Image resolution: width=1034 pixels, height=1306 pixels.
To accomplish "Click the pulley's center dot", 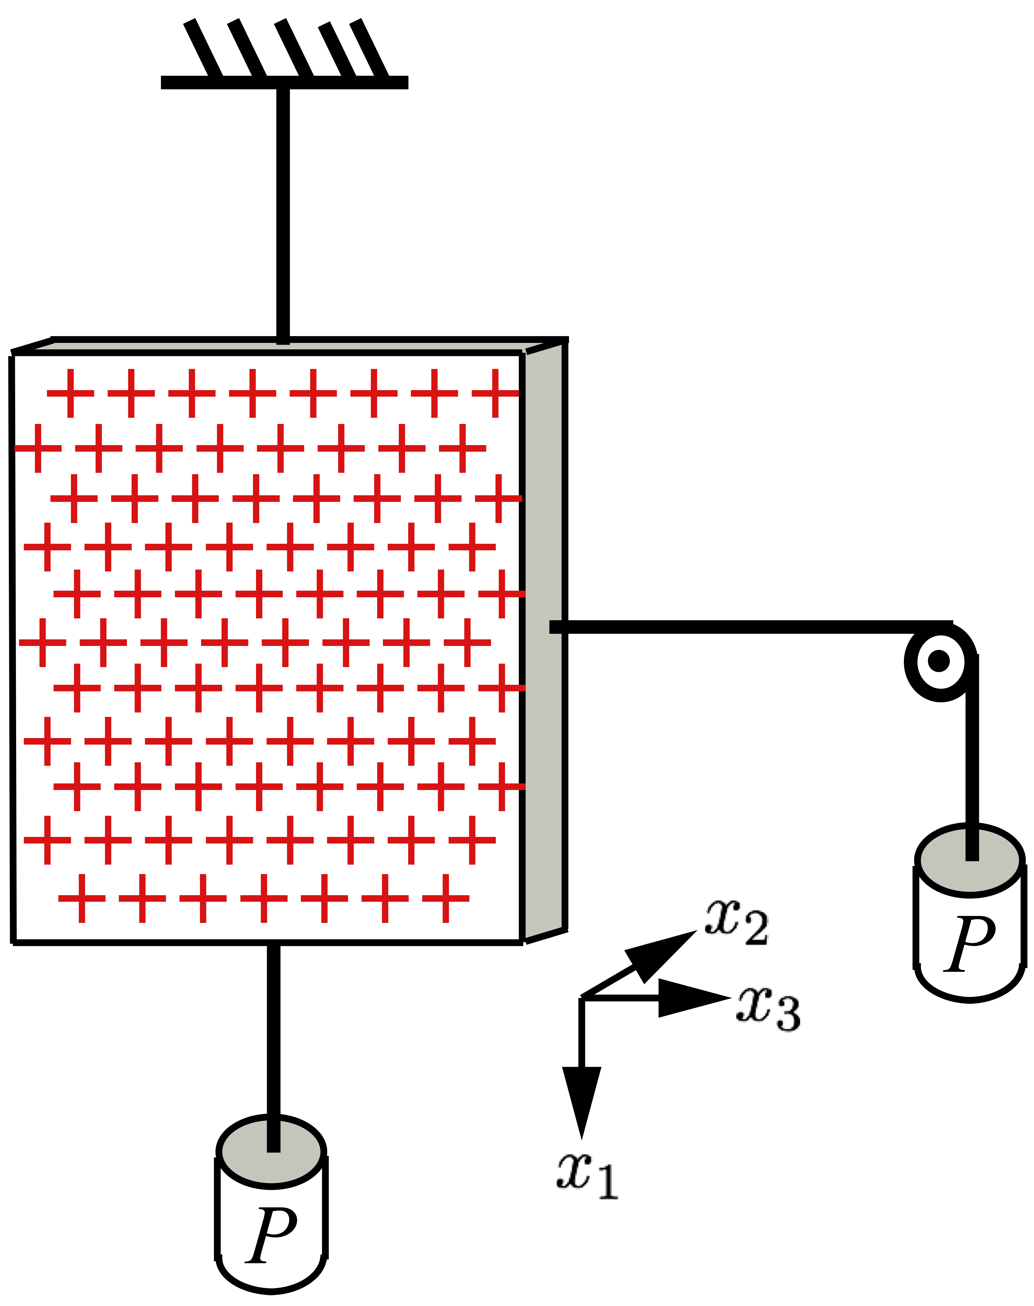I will point(939,661).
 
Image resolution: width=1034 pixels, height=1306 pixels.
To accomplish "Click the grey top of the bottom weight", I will point(242,1153).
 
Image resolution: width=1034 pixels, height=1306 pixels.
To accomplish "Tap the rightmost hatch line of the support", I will point(369,48).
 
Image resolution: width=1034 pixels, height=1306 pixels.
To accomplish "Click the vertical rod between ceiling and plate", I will point(283,212).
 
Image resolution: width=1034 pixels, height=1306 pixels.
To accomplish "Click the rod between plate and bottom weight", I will point(274,1029).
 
